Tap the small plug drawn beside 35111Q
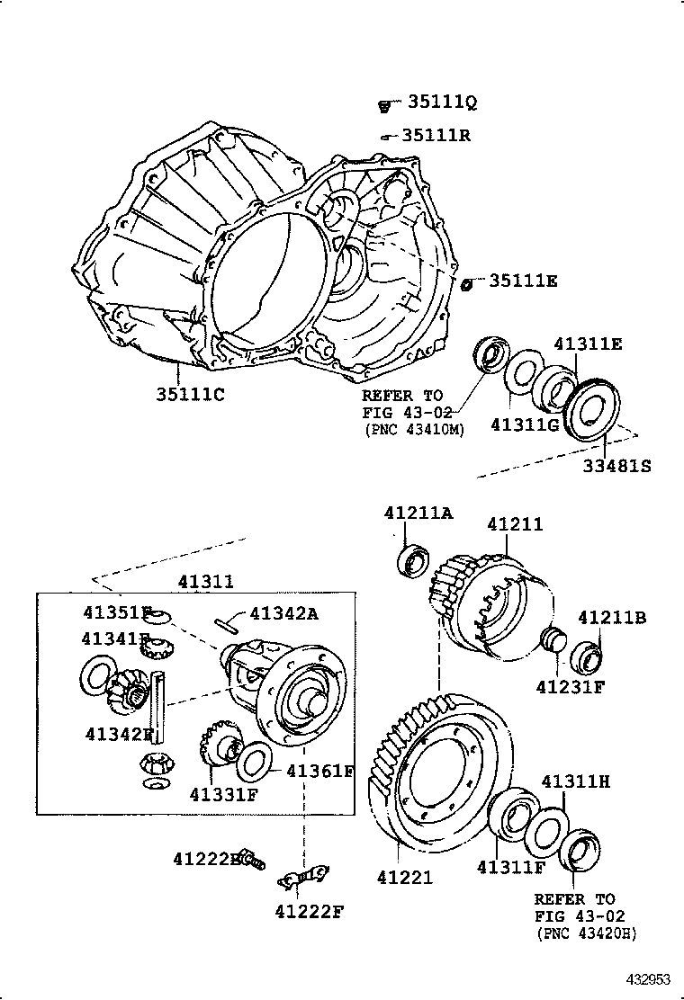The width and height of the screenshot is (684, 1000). tap(383, 106)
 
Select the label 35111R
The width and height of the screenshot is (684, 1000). tap(436, 136)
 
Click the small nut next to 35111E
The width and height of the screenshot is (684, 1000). tap(467, 284)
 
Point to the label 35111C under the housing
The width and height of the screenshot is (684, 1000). tap(189, 393)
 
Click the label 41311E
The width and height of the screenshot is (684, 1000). tap(588, 344)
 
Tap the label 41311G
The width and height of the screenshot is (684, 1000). tap(525, 424)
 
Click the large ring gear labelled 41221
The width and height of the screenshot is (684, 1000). tap(441, 773)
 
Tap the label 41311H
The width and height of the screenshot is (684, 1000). tap(575, 781)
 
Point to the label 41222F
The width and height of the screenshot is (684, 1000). tap(310, 911)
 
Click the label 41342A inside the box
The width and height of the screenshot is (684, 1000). tap(284, 613)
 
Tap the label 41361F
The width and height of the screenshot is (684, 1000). tap(319, 771)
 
